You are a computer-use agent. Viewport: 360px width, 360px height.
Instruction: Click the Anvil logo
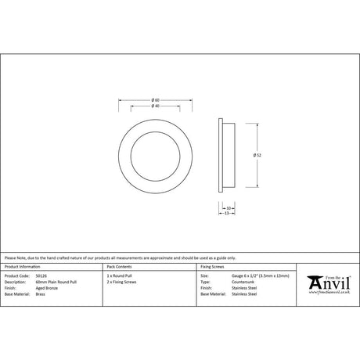tap(328, 281)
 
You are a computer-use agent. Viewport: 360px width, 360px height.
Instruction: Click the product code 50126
tap(42, 276)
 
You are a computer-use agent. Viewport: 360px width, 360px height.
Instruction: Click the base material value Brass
tap(41, 293)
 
